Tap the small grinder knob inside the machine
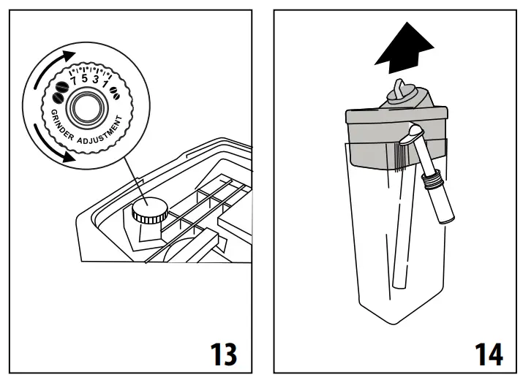pos(148,211)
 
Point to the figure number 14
pos(486,354)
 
